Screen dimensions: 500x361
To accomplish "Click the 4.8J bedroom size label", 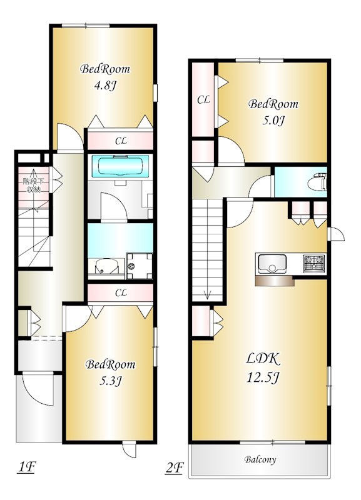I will pos(106,86).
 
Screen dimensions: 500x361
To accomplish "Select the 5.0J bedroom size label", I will pos(273,120).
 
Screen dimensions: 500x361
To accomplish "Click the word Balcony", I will pos(260,460).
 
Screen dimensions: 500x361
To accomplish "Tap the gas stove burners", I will pos(314,262).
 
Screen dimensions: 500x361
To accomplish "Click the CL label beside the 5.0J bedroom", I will pos(203,99).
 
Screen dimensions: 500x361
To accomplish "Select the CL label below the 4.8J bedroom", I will pos(120,141).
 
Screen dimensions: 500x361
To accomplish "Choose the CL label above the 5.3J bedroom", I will pos(121,292).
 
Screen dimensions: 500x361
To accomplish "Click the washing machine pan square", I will pos(139,265).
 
